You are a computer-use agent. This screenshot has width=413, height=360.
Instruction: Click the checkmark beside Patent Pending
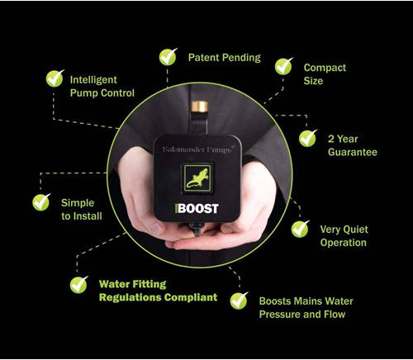tap(169, 57)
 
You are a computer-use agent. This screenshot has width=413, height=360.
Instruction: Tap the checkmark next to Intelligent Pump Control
tap(55, 78)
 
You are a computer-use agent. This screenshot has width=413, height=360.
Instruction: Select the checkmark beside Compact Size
tap(284, 66)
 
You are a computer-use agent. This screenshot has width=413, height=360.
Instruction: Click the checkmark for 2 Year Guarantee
tap(308, 137)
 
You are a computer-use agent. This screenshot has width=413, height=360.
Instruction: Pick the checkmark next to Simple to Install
tap(40, 202)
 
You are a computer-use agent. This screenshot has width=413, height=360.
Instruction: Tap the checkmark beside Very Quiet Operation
tap(301, 229)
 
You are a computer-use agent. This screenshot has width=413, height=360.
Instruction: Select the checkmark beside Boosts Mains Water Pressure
tap(240, 299)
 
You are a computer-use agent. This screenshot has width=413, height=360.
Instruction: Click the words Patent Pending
tap(224, 58)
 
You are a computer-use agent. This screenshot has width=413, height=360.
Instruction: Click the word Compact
tap(325, 67)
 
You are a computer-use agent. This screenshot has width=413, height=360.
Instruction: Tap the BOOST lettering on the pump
tap(200, 209)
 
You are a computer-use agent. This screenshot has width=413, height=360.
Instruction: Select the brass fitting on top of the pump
tap(199, 109)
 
